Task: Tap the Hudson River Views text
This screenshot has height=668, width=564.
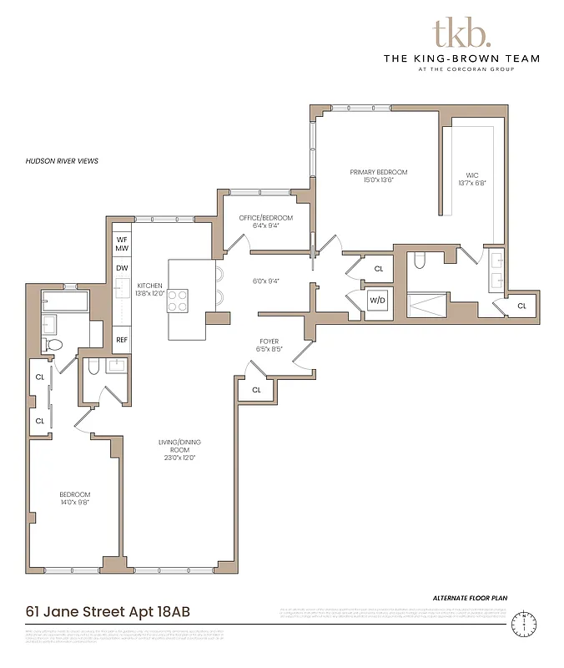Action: tap(63, 160)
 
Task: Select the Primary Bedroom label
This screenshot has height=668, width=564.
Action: tap(379, 175)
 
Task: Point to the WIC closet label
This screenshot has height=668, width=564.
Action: tap(470, 180)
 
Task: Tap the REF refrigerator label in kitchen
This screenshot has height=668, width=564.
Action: tap(122, 340)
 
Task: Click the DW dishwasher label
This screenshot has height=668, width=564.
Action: tap(122, 268)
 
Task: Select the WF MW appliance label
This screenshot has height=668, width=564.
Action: tap(122, 244)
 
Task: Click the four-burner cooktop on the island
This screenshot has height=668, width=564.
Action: tap(178, 300)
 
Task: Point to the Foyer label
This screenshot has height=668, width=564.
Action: tap(269, 345)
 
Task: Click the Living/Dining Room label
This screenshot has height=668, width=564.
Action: tap(181, 449)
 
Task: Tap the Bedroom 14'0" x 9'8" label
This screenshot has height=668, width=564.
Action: tap(74, 498)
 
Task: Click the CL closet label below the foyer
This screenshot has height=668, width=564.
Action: tap(256, 389)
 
